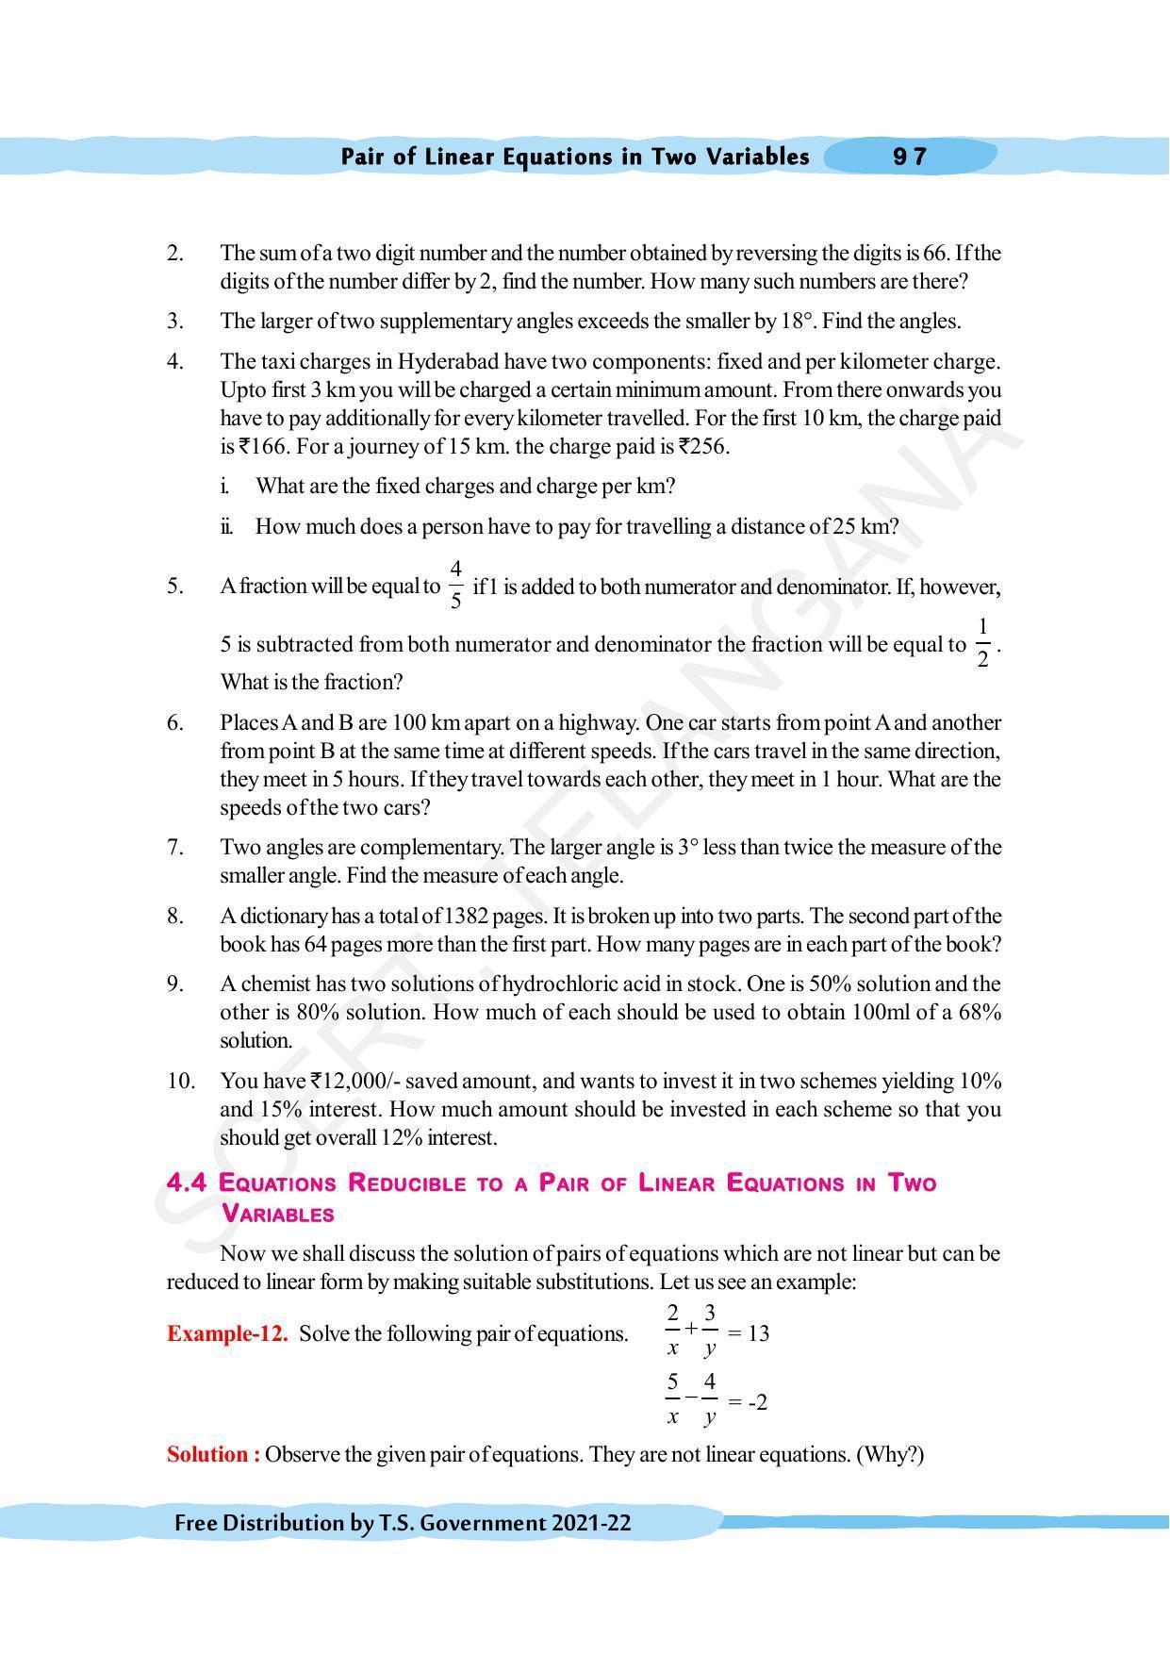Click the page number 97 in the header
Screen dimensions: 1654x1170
910,157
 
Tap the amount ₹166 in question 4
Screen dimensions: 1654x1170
263,447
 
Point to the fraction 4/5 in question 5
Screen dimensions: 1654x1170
456,585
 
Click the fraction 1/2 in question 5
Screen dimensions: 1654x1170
982,644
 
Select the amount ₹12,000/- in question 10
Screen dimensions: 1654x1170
355,1081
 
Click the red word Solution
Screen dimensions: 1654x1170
213,1454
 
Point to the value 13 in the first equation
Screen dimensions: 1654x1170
757,1333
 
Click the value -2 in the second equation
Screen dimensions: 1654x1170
757,1402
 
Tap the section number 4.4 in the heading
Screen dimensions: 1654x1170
187,1183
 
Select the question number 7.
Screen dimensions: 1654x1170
175,847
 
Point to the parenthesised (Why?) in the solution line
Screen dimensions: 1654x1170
890,1454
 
